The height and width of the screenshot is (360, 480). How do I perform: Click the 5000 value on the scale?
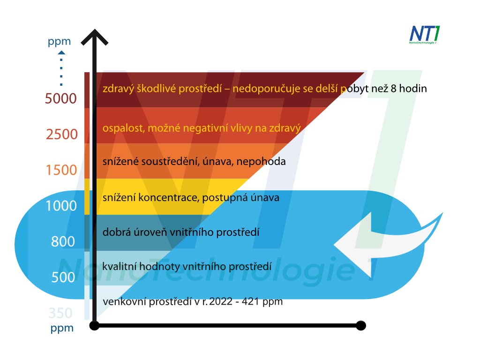(60, 99)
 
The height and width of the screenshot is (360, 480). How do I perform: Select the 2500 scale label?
(61, 135)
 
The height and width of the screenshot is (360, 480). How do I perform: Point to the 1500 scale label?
(61, 170)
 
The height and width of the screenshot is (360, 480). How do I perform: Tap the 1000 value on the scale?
(61, 206)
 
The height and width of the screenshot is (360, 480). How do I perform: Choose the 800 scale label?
(63, 242)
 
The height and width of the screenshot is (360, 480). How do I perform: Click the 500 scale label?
(63, 277)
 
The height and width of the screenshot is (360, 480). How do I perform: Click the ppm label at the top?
(59, 41)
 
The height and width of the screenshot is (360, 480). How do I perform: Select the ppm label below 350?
(62, 328)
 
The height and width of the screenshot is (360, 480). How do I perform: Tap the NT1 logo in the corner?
(425, 35)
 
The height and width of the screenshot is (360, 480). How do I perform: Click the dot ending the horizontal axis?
(360, 325)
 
